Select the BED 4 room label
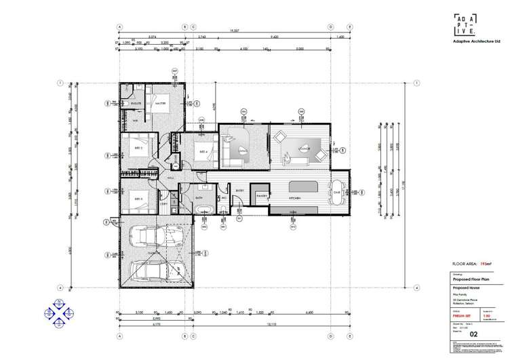pos(202,151)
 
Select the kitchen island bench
pos(303,186)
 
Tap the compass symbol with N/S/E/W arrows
pos(58,312)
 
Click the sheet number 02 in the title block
pos(474,334)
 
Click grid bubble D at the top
pos(331,28)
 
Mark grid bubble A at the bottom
pos(119,336)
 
